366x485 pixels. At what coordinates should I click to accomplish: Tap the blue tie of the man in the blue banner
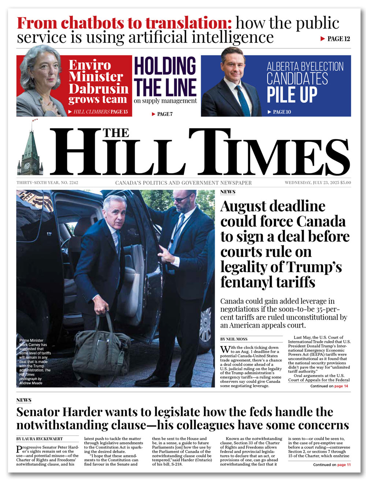point(242,99)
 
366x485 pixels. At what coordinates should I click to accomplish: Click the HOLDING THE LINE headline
point(165,77)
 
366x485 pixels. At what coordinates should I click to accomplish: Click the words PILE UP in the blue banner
point(292,94)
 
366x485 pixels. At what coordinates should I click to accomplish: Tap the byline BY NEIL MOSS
point(234,339)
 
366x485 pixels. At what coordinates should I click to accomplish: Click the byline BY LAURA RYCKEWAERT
point(40,439)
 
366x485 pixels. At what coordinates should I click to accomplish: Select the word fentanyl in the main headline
point(249,282)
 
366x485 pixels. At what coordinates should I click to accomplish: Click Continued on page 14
point(329,386)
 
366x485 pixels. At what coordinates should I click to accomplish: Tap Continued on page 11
point(332,465)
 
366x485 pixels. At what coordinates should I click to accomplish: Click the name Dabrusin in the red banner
point(98,89)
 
